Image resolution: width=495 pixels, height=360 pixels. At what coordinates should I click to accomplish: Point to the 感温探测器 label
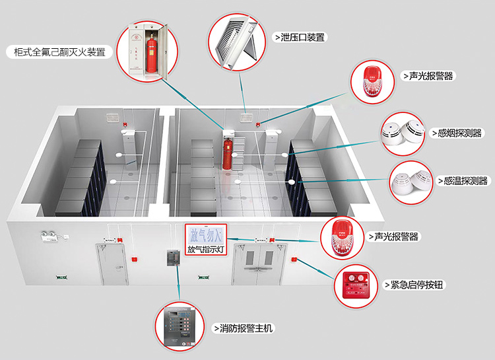click(x=463, y=180)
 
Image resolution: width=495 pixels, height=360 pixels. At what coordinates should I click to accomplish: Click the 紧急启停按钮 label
click(x=415, y=285)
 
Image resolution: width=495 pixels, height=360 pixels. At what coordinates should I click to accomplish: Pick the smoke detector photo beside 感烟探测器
click(x=403, y=133)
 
